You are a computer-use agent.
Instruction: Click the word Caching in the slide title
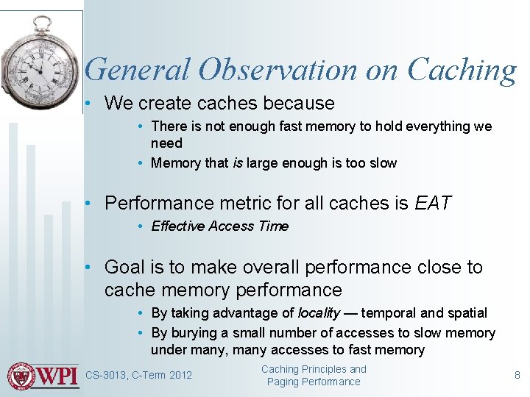(462, 70)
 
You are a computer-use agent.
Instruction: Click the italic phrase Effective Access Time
(219, 226)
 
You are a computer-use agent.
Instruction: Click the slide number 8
(517, 375)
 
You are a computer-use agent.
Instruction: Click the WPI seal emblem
(21, 376)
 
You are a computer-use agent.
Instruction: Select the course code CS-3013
(106, 376)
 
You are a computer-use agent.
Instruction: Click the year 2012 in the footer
(180, 376)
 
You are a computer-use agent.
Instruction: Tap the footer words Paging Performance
(314, 382)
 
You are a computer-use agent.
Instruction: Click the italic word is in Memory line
(238, 163)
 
